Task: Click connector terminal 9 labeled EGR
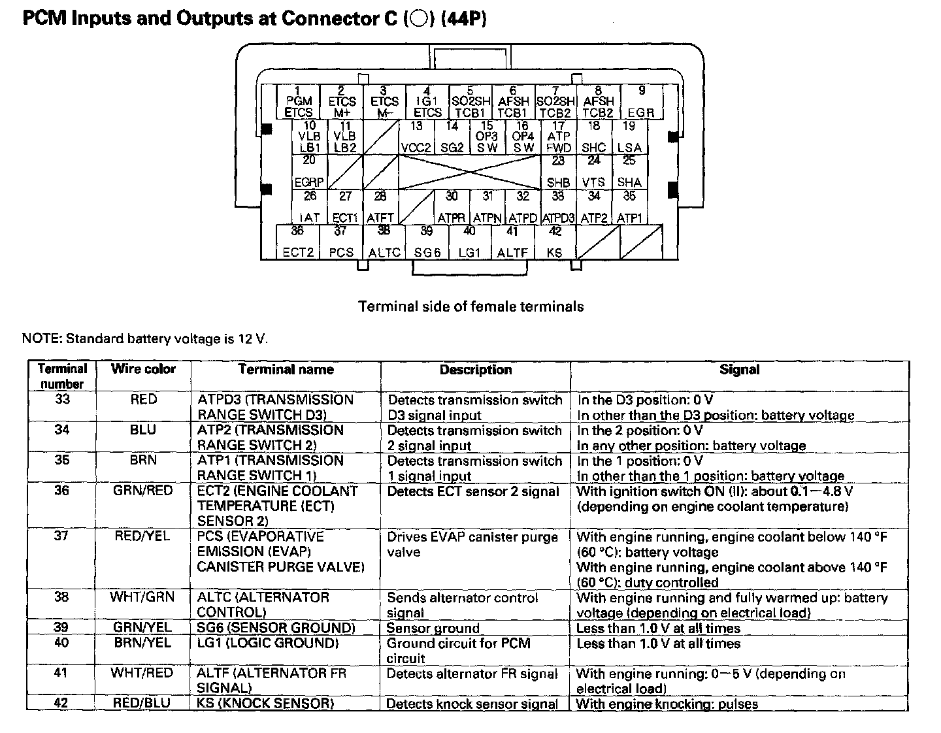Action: (641, 102)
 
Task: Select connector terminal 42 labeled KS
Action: (555, 242)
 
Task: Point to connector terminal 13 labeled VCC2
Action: (416, 137)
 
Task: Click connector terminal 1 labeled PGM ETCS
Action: (299, 102)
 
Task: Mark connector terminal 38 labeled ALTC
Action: (384, 242)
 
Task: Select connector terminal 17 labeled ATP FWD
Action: (558, 137)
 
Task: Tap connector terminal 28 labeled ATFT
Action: (380, 207)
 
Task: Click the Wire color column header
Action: (143, 369)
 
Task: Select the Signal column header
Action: (739, 369)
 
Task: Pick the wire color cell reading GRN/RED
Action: (143, 491)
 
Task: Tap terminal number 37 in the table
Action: (61, 536)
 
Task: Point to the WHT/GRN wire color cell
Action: (143, 597)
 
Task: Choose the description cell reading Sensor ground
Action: (433, 628)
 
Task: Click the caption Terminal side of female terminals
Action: (470, 306)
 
